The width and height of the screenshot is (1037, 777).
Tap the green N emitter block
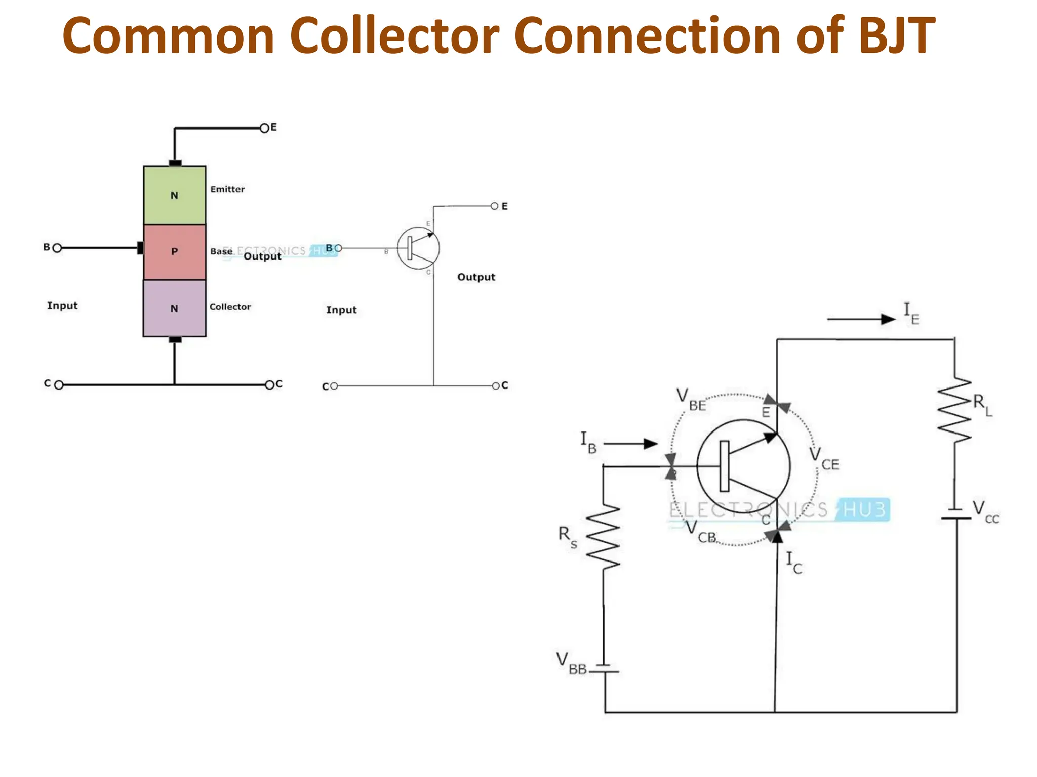coord(175,196)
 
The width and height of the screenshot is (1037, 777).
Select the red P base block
coord(175,252)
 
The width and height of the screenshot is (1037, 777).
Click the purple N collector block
coord(175,308)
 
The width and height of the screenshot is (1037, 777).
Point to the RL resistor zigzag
coord(954,410)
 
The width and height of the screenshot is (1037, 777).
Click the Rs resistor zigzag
coord(603,536)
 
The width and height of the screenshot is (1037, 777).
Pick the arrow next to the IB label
coord(631,444)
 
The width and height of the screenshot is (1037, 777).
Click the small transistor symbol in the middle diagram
coord(418,248)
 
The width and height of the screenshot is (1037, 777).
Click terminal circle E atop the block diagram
coord(264,128)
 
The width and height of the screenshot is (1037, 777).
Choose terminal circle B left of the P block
coord(57,248)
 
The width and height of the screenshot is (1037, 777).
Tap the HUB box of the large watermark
coord(864,509)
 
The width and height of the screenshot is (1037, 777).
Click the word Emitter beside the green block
coord(227,189)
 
